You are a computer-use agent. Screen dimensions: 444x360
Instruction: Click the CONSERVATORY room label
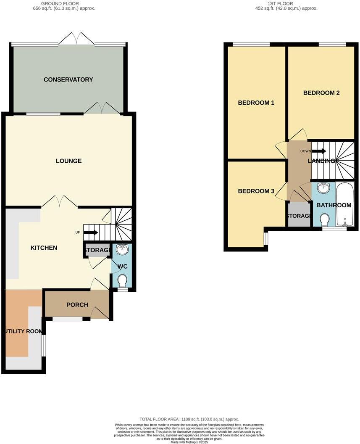(68, 79)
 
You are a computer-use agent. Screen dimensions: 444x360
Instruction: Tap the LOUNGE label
(68, 161)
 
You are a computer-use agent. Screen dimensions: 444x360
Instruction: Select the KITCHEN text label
(44, 248)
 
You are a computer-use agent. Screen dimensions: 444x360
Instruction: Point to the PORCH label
(77, 304)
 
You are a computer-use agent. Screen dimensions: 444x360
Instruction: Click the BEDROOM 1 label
(256, 103)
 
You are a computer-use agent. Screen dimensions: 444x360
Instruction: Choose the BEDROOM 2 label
(321, 93)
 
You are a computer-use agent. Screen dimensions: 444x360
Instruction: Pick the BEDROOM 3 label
(256, 191)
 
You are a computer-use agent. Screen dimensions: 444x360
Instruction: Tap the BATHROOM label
(334, 205)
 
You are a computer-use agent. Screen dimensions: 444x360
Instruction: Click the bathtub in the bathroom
(345, 205)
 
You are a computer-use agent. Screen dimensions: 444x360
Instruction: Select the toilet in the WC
(122, 280)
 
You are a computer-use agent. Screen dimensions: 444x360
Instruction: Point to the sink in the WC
(122, 250)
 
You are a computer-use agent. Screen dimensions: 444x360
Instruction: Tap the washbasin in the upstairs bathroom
(323, 188)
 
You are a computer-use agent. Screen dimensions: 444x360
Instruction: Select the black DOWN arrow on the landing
(319, 151)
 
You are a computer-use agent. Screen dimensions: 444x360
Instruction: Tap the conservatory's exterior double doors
(76, 39)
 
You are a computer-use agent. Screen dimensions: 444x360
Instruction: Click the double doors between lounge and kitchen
(59, 201)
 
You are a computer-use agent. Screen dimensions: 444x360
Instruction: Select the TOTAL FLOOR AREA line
(189, 419)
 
